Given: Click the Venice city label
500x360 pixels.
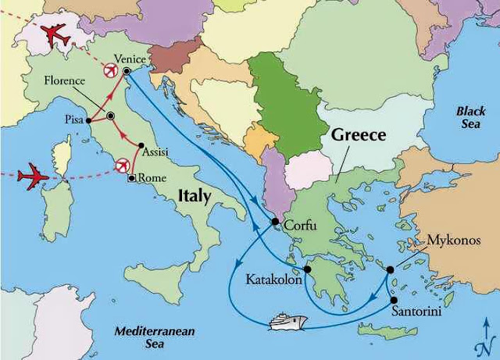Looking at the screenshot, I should pos(129,59).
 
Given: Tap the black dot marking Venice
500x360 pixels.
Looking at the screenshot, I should pos(127,71).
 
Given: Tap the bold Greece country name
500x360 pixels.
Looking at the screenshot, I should pos(359,135).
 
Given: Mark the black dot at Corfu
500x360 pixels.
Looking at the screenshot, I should pos(276,223).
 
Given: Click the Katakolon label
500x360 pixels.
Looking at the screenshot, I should pos(273,279).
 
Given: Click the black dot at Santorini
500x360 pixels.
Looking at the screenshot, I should pos(394,300).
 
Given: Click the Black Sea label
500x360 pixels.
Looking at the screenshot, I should pos(471,117).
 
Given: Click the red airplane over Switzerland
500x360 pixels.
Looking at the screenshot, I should pos(53,35).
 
